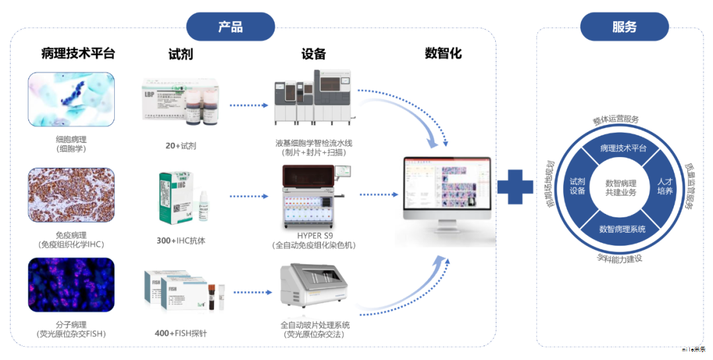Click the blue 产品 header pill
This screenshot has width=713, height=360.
tap(230, 27)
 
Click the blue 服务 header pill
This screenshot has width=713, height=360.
tap(624, 27)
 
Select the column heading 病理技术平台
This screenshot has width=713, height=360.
tap(78, 54)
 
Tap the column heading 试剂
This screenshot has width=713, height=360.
tap(180, 54)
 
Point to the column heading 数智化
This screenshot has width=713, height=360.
tap(443, 54)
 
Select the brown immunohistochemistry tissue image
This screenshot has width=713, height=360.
tap(71, 194)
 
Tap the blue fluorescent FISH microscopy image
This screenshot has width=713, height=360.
tap(71, 284)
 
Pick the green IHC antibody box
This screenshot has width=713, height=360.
tap(173, 198)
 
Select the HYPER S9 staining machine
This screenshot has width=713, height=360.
tap(314, 196)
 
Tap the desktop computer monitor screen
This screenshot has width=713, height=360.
tap(447, 188)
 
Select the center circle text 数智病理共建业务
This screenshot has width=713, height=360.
tap(621, 188)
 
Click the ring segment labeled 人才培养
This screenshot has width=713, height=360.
tap(664, 186)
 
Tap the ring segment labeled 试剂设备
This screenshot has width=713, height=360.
tap(578, 186)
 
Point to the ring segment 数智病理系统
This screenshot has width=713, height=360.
tap(621, 229)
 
